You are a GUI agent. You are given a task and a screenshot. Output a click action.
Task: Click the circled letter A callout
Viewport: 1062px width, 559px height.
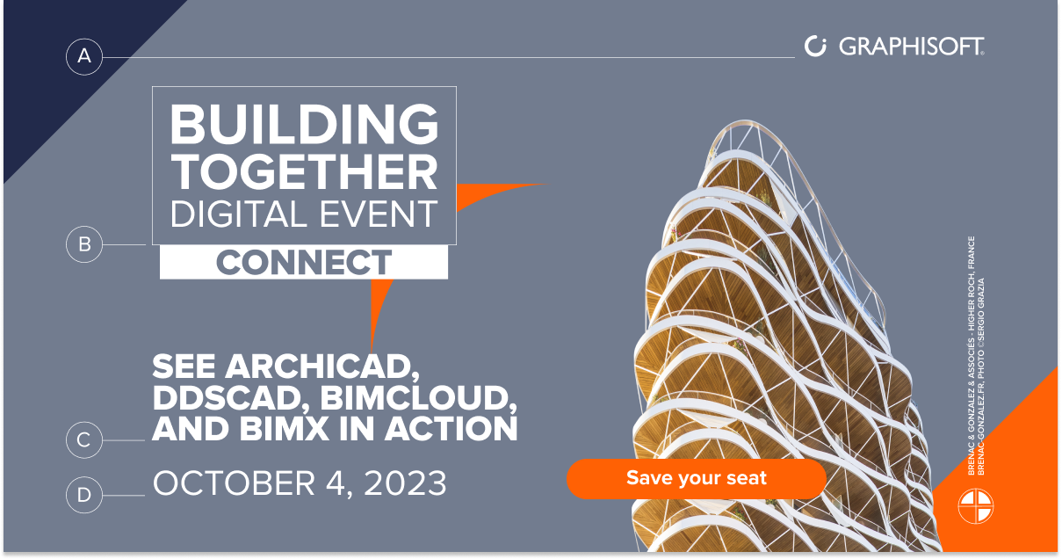click(x=84, y=57)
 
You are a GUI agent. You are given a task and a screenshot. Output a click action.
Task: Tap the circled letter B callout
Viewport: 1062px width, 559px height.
click(x=84, y=244)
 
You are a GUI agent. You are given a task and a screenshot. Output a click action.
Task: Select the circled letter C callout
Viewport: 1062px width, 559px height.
click(x=84, y=439)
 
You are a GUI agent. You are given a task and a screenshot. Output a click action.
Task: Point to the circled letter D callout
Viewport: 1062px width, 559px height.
click(x=84, y=495)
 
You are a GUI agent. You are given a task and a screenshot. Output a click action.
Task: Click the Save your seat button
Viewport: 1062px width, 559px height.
click(x=697, y=478)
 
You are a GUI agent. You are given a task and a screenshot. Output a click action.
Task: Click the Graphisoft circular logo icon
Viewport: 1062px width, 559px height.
click(x=815, y=46)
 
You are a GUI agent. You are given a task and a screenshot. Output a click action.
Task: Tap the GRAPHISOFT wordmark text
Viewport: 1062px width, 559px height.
click(x=911, y=46)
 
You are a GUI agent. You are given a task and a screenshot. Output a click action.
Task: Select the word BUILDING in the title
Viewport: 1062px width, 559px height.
click(x=304, y=123)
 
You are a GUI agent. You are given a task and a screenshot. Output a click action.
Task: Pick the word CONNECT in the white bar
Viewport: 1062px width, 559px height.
click(x=304, y=262)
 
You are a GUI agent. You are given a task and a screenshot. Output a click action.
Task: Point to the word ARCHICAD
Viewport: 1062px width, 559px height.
click(x=321, y=367)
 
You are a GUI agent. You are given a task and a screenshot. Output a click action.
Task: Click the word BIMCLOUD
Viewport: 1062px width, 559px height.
click(x=418, y=397)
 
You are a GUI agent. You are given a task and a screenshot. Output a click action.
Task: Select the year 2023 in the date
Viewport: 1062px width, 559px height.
click(x=405, y=483)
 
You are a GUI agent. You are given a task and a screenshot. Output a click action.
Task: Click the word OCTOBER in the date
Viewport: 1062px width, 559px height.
click(x=234, y=483)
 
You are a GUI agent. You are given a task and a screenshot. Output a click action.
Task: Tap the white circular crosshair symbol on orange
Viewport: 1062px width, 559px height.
click(x=976, y=506)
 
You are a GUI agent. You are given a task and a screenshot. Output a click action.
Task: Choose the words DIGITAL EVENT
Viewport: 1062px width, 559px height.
click(x=304, y=214)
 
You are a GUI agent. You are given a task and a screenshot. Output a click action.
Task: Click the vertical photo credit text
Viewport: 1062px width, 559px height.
click(x=976, y=356)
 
